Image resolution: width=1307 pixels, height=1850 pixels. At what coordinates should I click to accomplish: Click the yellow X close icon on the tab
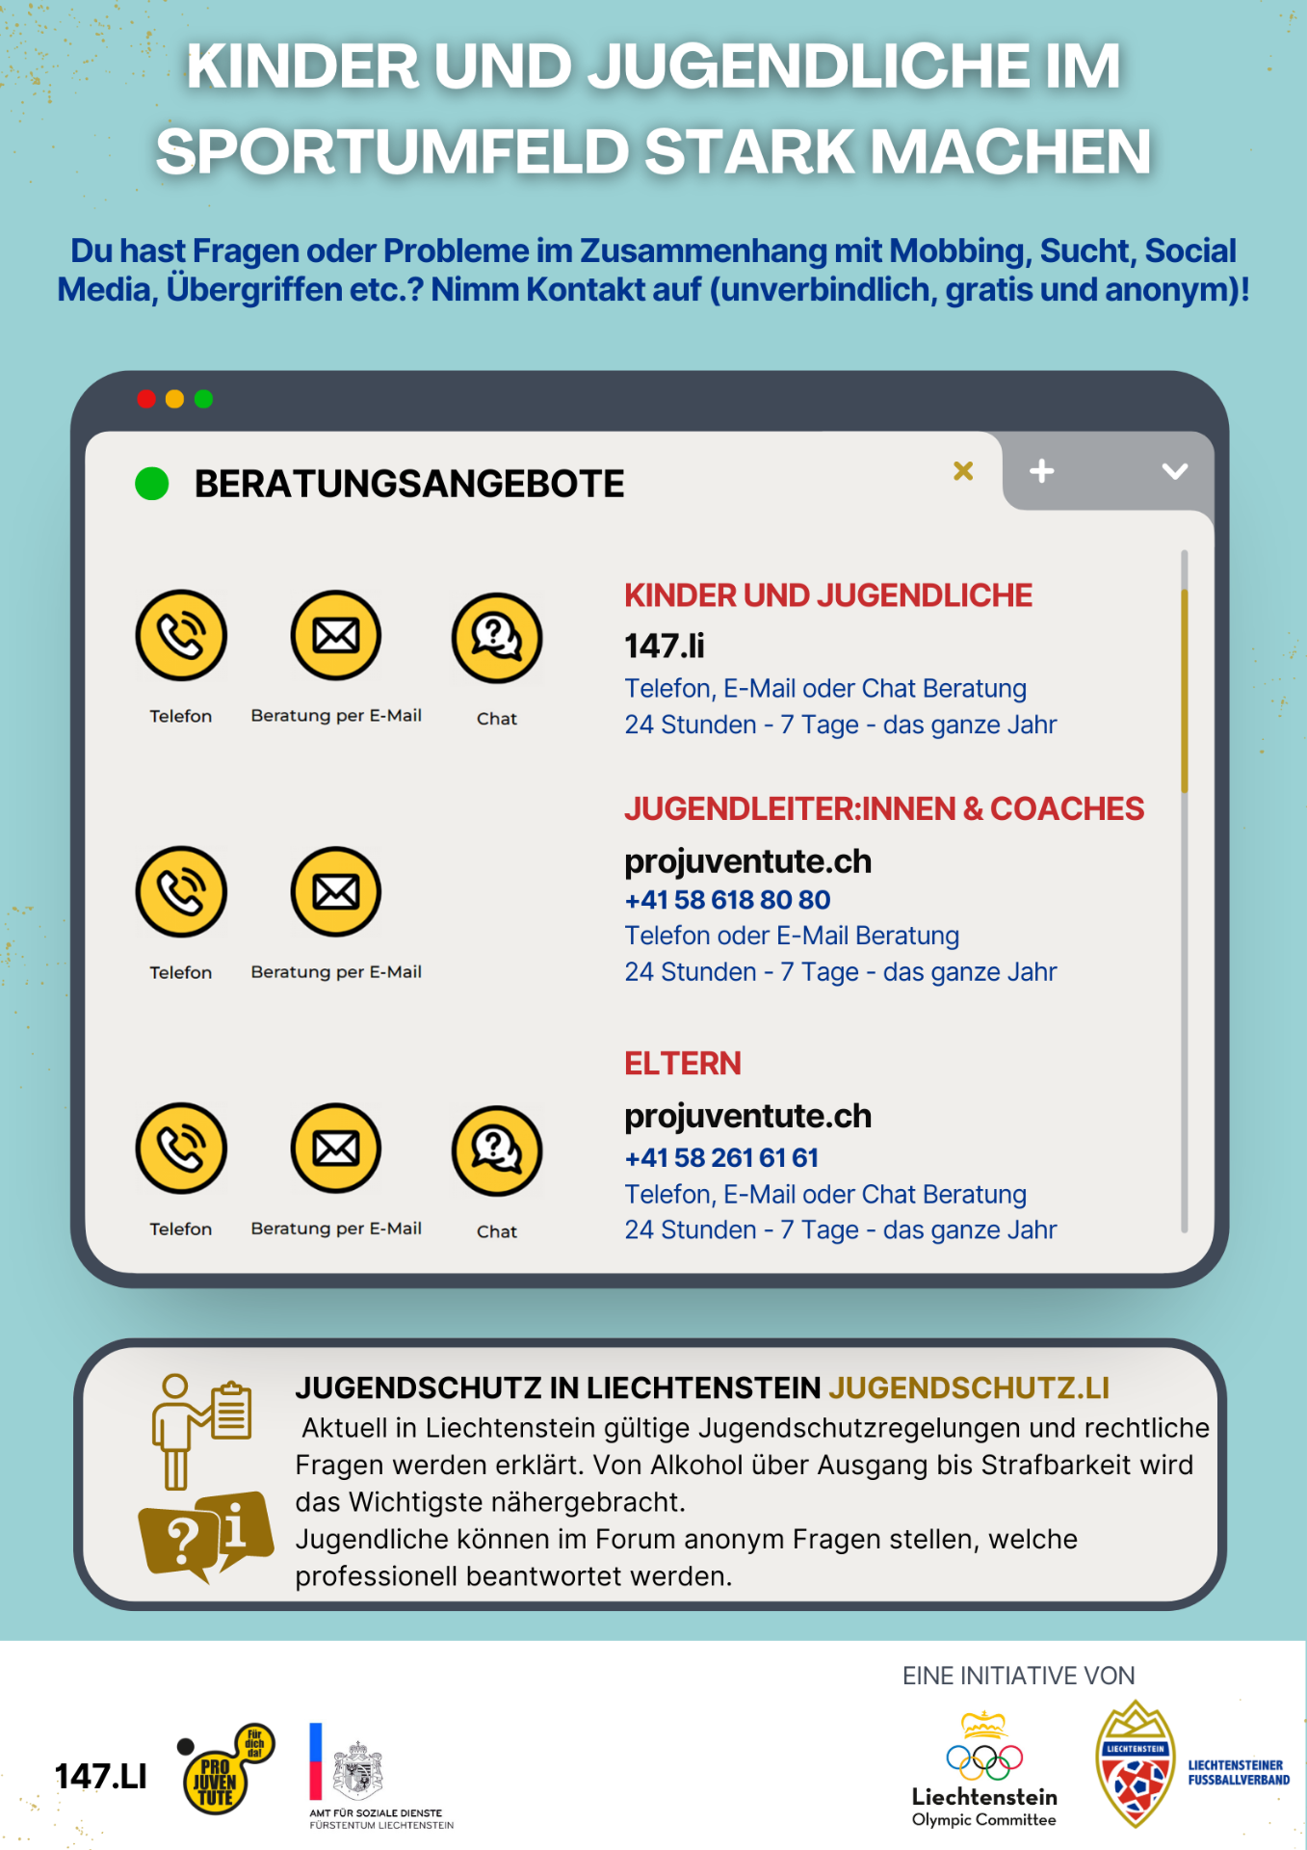coord(963,471)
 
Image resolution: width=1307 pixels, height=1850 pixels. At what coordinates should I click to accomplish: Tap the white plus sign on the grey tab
coord(1041,471)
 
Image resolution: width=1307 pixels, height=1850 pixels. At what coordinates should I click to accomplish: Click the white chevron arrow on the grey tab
coord(1174,471)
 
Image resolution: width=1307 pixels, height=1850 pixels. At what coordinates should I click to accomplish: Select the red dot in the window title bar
coord(146,399)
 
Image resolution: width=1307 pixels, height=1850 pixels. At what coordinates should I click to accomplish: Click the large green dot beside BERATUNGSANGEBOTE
coord(152,484)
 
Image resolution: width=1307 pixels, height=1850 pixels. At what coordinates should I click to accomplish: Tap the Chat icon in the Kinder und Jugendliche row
coord(497,638)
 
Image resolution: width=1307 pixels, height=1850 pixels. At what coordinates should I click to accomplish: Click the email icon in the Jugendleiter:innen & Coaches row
coord(336,892)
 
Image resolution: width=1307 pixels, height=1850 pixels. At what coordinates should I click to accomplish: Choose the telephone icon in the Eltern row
coord(181,1149)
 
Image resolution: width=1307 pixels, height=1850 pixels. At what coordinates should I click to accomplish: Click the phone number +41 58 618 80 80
coord(727,900)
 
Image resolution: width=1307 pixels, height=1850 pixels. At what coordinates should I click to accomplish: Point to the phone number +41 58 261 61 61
coord(721,1158)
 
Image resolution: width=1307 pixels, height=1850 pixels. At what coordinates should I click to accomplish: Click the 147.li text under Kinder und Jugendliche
coord(664,647)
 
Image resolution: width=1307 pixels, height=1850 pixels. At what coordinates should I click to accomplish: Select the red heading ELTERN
coord(682,1064)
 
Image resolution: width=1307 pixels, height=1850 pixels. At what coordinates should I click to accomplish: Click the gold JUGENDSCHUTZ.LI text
coord(969,1387)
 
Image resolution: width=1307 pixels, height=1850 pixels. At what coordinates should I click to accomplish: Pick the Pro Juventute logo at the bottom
coord(226,1771)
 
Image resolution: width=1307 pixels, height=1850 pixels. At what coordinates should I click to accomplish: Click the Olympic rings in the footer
coord(983,1761)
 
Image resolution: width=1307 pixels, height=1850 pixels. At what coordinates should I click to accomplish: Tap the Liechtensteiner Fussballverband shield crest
coord(1136,1764)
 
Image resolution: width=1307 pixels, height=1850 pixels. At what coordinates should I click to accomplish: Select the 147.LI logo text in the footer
coord(101,1777)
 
